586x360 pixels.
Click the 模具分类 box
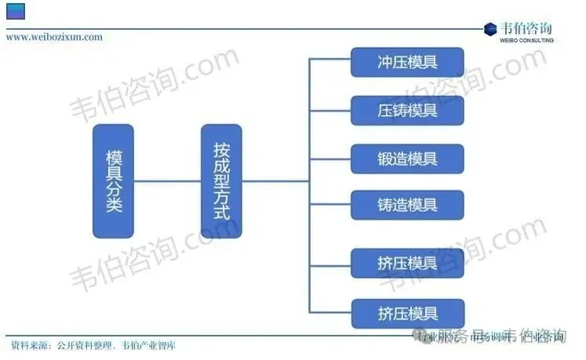coord(113,180)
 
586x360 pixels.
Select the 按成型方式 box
coord(221,180)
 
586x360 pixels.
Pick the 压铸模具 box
coord(407,110)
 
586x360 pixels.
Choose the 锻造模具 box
coord(407,158)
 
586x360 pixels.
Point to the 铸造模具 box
coord(407,205)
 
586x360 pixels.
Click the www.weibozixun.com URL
coord(54,37)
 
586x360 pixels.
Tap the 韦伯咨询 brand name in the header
coord(528,27)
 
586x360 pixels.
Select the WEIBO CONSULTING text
coord(527,40)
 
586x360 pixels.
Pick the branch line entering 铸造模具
coord(329,204)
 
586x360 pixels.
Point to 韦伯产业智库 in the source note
coord(149,345)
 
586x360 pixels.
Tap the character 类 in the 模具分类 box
coord(113,205)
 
